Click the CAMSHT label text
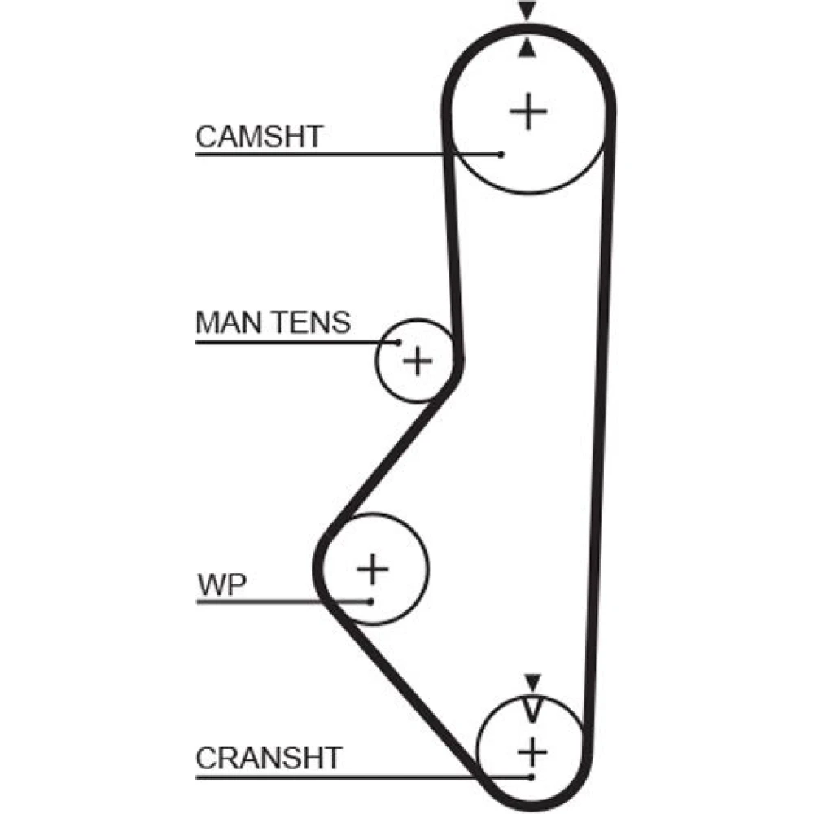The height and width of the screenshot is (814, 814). click(260, 137)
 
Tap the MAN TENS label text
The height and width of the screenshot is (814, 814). click(273, 322)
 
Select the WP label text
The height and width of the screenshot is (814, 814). click(221, 584)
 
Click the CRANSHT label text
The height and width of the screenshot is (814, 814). click(269, 758)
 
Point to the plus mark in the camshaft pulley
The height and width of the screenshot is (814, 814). click(528, 111)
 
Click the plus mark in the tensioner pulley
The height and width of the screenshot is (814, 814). click(418, 361)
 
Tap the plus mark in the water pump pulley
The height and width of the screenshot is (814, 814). click(373, 569)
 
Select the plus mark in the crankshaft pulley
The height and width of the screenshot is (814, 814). click(532, 751)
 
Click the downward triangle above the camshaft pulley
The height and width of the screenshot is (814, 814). click(527, 11)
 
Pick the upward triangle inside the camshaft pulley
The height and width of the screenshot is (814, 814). click(527, 48)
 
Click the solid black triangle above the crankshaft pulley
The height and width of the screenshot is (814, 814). click(532, 682)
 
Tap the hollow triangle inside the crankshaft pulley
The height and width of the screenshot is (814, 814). click(532, 709)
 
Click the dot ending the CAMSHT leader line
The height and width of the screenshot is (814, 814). click(501, 154)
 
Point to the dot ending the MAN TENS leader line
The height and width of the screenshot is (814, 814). click(398, 342)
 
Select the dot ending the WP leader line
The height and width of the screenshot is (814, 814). click(370, 602)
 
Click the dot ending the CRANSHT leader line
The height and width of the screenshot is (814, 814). click(531, 777)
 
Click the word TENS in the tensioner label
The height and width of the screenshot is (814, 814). click(312, 322)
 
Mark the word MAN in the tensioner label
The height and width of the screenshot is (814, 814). click(230, 322)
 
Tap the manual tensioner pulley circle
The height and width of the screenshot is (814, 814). click(376, 361)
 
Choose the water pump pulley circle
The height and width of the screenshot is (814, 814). click(429, 569)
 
